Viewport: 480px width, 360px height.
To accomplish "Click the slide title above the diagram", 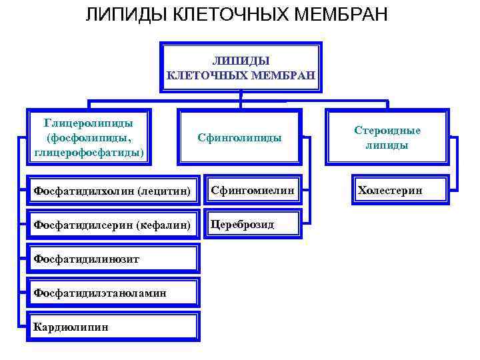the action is [x=236, y=15].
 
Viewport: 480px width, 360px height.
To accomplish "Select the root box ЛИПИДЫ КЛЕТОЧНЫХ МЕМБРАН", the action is [x=240, y=67].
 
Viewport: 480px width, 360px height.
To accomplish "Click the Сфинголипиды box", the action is [x=239, y=138].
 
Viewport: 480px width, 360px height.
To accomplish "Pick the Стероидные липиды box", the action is [x=387, y=138].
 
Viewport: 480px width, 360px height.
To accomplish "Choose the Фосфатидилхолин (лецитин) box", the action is [x=113, y=191].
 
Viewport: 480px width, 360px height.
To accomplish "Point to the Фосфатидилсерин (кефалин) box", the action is [x=113, y=225].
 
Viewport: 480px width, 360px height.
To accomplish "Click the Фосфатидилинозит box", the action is [x=113, y=259].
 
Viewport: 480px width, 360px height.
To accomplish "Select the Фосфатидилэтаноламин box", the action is [x=113, y=293].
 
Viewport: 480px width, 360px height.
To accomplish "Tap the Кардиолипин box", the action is [x=113, y=327].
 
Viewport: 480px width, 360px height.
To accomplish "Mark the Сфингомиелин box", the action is [x=253, y=191].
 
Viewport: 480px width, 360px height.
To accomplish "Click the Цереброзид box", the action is [x=253, y=225].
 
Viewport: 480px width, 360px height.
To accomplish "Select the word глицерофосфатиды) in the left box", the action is [x=89, y=153].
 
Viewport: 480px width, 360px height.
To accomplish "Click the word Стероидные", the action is [x=387, y=131].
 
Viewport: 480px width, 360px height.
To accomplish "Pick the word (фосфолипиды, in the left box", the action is [x=89, y=138].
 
